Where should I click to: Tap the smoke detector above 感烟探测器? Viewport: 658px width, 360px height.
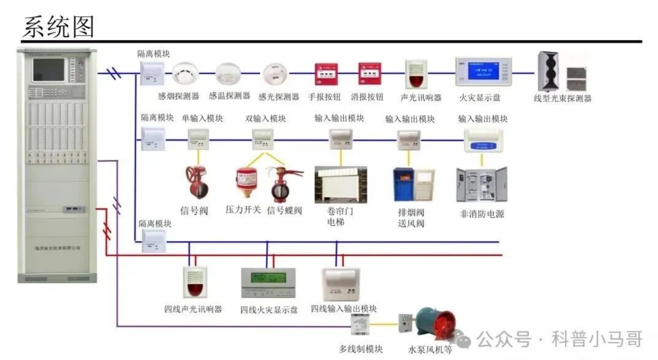click(185, 74)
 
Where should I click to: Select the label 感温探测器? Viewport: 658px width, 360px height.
click(229, 96)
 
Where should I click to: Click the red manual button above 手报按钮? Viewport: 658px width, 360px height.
click(326, 74)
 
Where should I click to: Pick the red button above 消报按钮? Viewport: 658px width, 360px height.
click(370, 74)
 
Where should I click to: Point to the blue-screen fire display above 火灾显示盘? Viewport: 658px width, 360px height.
click(483, 72)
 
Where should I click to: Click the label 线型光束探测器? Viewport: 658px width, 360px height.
click(562, 98)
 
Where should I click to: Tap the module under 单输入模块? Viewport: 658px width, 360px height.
click(199, 139)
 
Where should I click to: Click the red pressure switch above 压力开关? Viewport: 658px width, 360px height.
click(247, 182)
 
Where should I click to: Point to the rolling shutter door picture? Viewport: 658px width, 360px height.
click(340, 184)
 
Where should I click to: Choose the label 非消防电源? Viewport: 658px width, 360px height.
click(482, 214)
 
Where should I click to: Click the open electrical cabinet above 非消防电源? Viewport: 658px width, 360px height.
click(481, 184)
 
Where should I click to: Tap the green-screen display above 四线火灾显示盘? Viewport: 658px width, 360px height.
click(268, 283)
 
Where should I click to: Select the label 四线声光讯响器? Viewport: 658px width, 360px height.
click(193, 309)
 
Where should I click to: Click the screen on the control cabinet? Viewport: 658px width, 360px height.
click(49, 71)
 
